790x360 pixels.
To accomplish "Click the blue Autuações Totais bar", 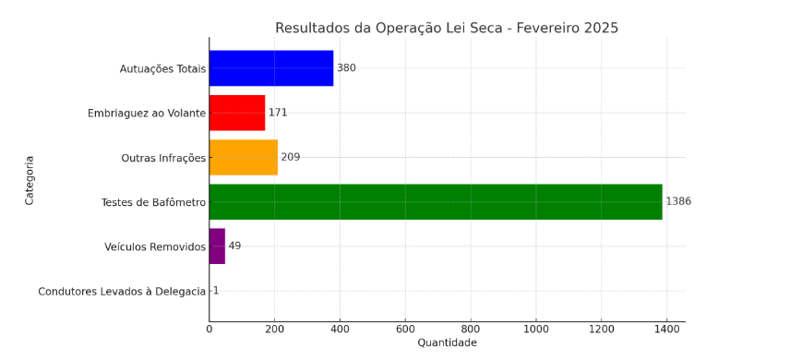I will click(271, 68).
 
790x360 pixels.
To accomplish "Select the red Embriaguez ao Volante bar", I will click(237, 113).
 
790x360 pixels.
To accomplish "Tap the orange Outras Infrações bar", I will click(244, 157).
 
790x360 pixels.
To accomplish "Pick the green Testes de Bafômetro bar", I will click(436, 201).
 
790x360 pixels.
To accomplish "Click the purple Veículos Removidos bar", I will click(217, 246).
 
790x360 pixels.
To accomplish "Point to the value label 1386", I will click(678, 201).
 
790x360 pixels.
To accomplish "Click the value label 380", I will click(346, 68).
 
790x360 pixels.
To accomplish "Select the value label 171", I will click(278, 113).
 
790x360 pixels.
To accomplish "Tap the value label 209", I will click(291, 157).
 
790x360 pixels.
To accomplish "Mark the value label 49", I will click(234, 246).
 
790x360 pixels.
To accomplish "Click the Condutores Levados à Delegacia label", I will click(122, 292).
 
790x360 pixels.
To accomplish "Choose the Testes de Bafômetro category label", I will click(153, 202).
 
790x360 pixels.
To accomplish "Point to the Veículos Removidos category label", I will click(155, 247).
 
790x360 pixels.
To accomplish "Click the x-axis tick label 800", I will click(471, 329).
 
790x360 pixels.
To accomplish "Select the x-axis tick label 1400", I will click(667, 329).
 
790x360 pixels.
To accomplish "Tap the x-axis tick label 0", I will click(209, 329).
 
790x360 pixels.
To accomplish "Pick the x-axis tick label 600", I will click(405, 329).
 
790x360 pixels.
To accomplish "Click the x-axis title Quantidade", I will click(447, 343).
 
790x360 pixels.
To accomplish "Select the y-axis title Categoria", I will click(30, 180).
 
